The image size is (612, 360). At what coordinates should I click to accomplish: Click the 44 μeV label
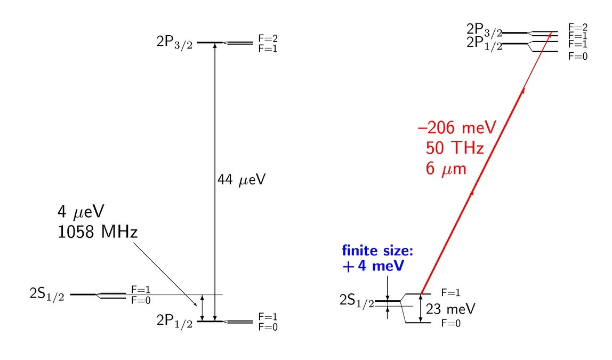(241, 180)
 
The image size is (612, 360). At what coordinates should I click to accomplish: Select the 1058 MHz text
(98, 232)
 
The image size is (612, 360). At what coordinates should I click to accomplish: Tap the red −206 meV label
(457, 128)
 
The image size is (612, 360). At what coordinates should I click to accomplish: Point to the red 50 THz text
(455, 148)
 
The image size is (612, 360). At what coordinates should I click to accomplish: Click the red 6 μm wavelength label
(446, 169)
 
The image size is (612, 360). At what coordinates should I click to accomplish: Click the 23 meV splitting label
(450, 309)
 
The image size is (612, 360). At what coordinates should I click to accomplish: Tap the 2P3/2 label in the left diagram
(174, 42)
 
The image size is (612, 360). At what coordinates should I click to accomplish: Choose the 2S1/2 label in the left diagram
(47, 294)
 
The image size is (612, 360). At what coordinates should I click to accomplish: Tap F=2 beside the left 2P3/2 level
(268, 38)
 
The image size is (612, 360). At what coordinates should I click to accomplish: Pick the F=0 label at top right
(578, 57)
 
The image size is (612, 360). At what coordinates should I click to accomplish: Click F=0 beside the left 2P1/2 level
(268, 327)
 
